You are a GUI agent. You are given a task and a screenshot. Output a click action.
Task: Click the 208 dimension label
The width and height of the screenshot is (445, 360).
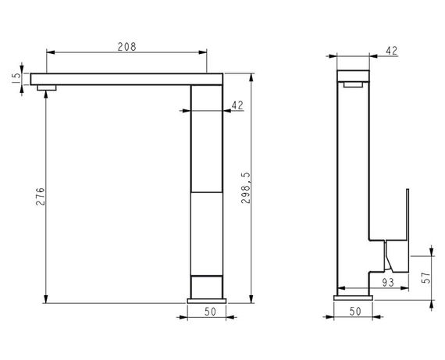tap(126, 46)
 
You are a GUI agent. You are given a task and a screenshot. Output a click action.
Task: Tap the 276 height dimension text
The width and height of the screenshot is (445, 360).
tap(41, 198)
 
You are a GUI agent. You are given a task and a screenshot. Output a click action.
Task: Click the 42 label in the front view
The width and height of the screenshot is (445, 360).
tap(238, 104)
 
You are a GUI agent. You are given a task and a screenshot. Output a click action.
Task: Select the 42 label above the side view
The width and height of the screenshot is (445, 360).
tap(392, 51)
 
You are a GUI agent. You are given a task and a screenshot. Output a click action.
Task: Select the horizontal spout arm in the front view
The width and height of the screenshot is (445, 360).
tap(125, 79)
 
